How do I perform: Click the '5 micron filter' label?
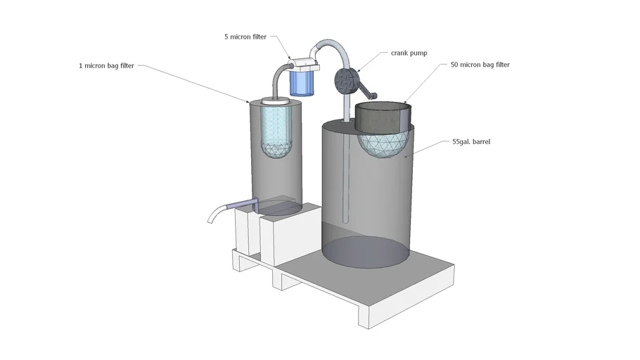(x=245, y=37)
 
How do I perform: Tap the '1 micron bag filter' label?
(x=107, y=66)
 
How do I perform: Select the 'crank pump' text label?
(x=409, y=53)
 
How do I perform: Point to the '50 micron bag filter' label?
(x=480, y=65)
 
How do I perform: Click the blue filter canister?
(x=303, y=82)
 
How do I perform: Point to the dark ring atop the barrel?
(x=382, y=117)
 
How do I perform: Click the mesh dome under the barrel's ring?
(x=383, y=145)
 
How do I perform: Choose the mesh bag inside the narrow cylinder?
(x=276, y=134)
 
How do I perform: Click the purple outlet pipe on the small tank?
(x=244, y=204)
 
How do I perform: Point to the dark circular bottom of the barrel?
(x=365, y=252)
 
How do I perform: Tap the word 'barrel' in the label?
(x=480, y=141)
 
